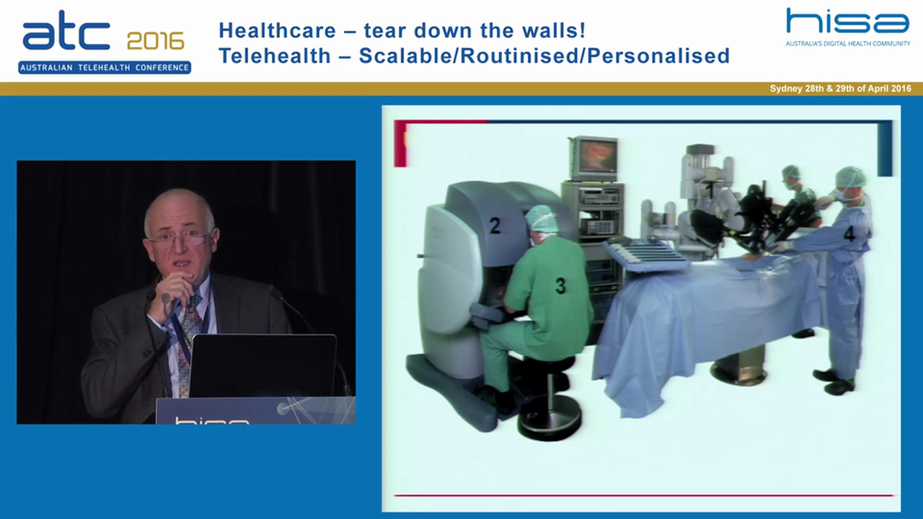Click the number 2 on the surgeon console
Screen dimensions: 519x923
point(495,226)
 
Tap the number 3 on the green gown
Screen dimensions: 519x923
point(560,285)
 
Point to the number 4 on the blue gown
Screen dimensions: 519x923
point(849,234)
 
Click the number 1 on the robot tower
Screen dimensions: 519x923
point(710,191)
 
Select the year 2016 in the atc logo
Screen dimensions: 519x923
point(155,40)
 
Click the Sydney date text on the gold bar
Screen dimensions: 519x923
point(840,89)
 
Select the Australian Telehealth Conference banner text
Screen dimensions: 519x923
point(105,68)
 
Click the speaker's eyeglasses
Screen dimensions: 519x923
point(179,237)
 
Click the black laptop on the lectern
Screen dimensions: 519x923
point(262,365)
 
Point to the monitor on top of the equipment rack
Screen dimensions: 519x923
point(593,158)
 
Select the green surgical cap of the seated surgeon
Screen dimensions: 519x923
point(541,219)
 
